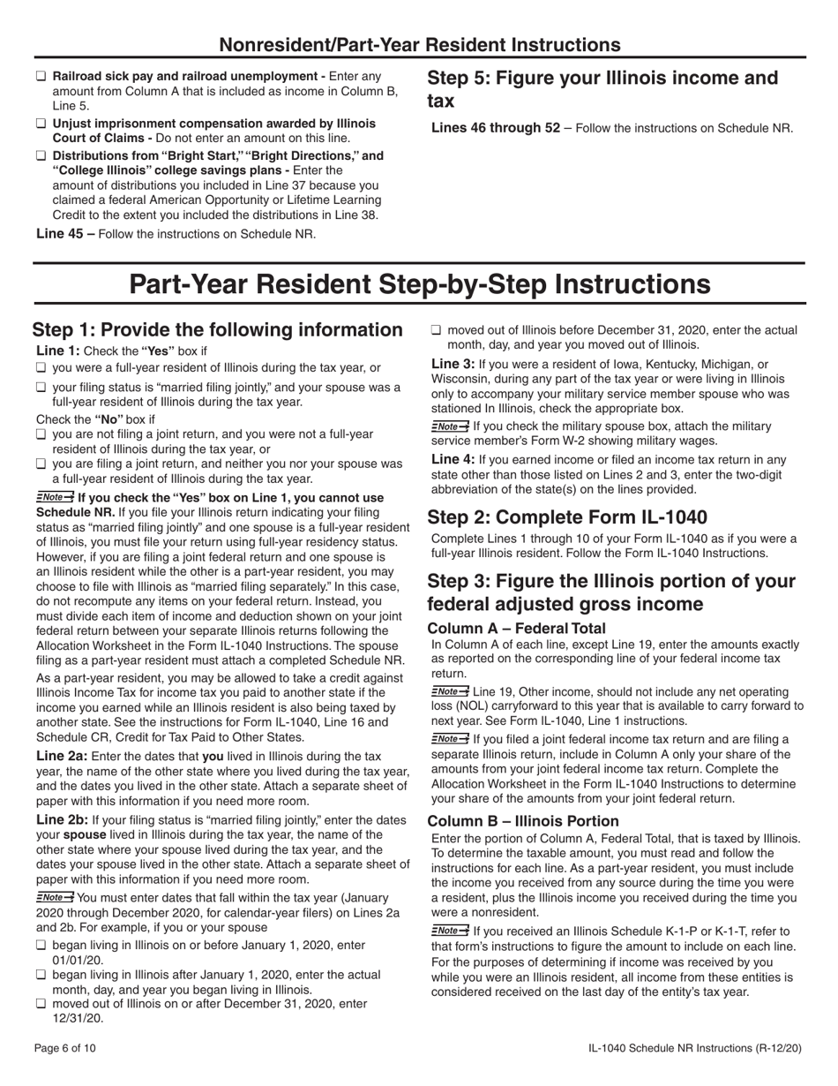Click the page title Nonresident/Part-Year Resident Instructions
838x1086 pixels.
pyautogui.click(x=419, y=44)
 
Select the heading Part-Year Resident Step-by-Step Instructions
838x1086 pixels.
pyautogui.click(x=419, y=285)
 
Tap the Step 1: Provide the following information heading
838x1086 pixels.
pyautogui.click(x=218, y=330)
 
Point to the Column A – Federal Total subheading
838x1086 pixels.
pyautogui.click(x=516, y=629)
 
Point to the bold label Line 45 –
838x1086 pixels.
pyautogui.click(x=65, y=234)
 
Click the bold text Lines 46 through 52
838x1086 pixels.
pyautogui.click(x=495, y=128)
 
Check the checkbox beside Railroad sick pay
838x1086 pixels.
pyautogui.click(x=41, y=77)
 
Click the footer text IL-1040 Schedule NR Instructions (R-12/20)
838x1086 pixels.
pyautogui.click(x=696, y=1048)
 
